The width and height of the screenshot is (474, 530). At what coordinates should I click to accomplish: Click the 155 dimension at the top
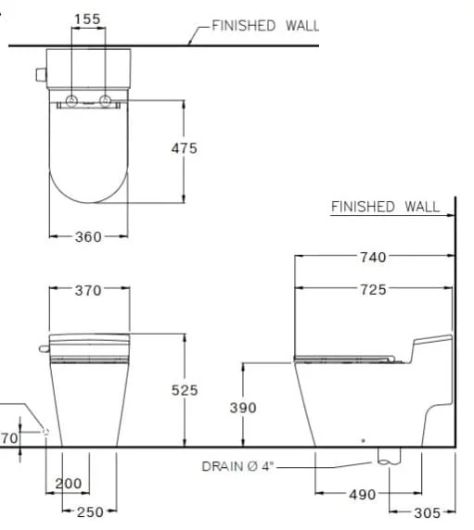click(x=87, y=19)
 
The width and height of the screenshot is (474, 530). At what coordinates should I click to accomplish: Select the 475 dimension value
click(x=184, y=148)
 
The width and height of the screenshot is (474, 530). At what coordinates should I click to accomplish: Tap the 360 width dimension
click(x=88, y=237)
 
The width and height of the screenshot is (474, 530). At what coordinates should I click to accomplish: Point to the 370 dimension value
click(x=88, y=290)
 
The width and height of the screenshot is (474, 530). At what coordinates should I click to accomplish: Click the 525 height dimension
click(x=185, y=390)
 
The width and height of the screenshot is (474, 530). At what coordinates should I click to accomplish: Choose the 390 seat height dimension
click(x=243, y=408)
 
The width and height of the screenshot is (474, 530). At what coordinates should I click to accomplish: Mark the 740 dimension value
click(x=373, y=258)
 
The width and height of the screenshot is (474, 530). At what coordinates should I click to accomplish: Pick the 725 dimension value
click(x=373, y=290)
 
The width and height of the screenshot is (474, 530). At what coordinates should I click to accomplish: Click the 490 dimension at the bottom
click(x=363, y=495)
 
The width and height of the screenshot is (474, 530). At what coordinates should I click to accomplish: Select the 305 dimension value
click(x=428, y=513)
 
